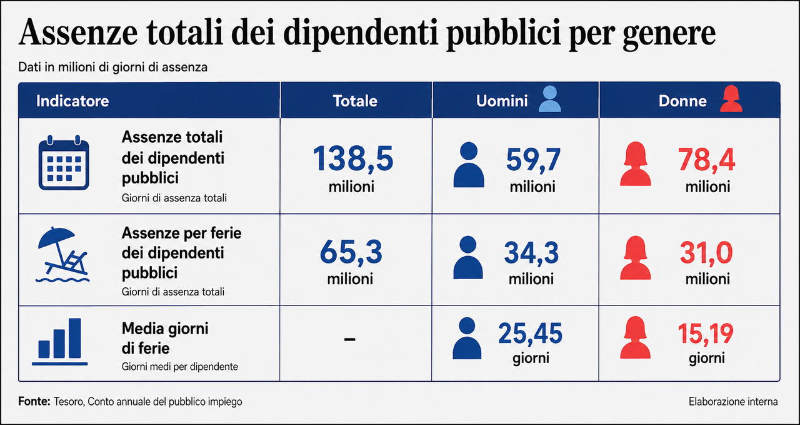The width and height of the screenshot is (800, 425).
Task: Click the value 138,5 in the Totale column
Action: (353, 158)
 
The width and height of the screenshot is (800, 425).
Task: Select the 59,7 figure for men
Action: (533, 160)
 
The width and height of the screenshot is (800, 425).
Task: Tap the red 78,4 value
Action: (706, 160)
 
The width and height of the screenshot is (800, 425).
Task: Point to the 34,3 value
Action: (531, 253)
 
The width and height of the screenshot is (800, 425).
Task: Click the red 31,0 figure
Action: (706, 253)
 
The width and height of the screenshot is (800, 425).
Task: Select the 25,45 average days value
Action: (530, 334)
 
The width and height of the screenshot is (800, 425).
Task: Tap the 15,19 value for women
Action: (706, 334)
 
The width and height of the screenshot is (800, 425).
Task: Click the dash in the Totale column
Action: (349, 339)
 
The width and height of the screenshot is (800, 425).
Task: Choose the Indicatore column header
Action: (72, 101)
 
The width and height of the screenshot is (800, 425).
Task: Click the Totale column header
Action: (355, 101)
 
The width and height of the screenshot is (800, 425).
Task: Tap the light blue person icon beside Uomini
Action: (549, 99)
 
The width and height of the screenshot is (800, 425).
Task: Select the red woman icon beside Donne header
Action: (731, 99)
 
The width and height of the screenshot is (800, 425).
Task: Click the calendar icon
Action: (64, 163)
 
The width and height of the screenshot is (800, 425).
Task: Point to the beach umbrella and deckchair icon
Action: (62, 254)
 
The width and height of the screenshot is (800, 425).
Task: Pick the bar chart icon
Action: (59, 342)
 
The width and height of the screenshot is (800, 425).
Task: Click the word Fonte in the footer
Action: (34, 401)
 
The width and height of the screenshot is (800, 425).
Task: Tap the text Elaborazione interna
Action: (733, 402)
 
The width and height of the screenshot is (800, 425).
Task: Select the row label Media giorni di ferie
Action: (165, 339)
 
